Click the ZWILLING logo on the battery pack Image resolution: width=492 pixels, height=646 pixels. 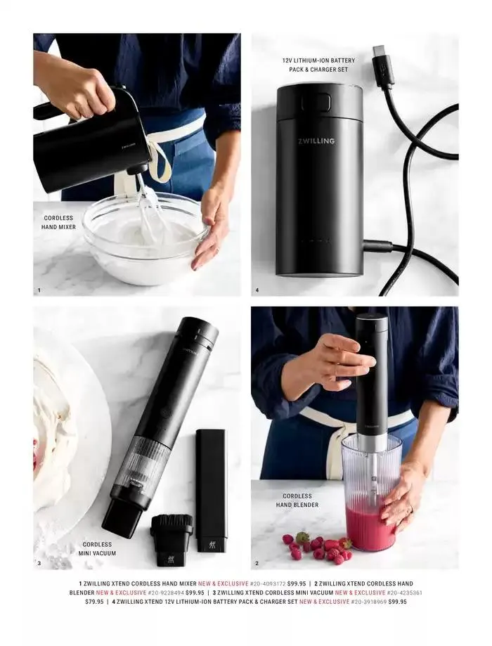(316, 141)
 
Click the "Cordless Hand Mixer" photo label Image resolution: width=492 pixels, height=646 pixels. (58, 222)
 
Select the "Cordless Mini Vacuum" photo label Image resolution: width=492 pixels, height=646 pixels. (97, 549)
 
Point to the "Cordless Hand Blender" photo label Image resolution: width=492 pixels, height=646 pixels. (297, 500)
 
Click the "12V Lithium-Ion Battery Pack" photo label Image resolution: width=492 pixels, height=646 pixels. (318, 65)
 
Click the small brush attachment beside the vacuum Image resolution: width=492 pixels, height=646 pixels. (171, 540)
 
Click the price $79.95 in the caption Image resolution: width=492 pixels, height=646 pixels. (94, 602)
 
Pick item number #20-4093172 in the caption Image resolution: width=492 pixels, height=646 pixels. (268, 583)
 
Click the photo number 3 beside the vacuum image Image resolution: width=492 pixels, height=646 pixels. (39, 563)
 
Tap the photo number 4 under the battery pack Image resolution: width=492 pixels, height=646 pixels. (257, 290)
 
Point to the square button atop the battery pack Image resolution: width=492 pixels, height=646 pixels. (316, 101)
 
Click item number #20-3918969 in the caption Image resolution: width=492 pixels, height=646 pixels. (369, 602)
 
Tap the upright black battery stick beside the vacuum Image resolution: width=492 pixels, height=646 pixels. (211, 491)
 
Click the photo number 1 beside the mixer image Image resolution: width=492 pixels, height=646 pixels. (39, 290)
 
